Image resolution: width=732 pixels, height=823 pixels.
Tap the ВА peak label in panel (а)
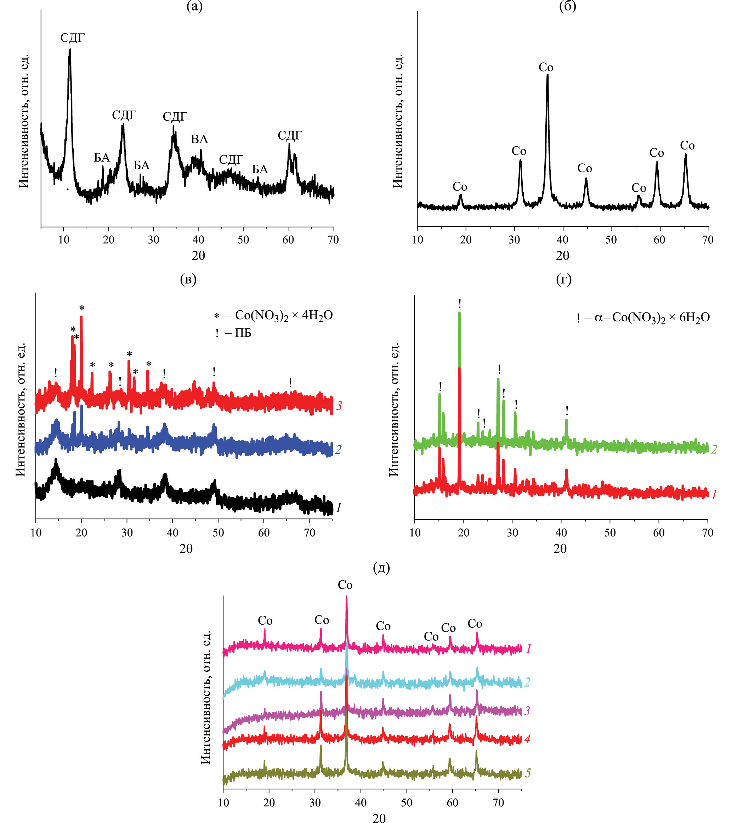[199, 139]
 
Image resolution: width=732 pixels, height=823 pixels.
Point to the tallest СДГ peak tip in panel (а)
[70, 50]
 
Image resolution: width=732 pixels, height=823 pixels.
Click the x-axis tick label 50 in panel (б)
[611, 239]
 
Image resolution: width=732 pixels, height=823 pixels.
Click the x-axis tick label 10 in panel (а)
[64, 239]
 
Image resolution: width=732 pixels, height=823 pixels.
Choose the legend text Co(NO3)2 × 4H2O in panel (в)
[284, 315]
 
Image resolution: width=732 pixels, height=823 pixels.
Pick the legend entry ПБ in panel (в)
[243, 333]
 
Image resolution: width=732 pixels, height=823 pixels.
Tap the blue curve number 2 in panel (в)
[339, 449]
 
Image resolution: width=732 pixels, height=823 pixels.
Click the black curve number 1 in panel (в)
[339, 508]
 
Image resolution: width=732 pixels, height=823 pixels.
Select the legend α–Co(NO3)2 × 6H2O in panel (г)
[652, 318]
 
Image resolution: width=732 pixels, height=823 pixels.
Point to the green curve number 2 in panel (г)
[714, 449]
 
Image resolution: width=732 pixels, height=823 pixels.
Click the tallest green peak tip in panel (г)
[459, 313]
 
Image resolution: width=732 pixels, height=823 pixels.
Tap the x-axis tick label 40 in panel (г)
[561, 533]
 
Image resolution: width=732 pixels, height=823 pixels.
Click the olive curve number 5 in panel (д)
[528, 773]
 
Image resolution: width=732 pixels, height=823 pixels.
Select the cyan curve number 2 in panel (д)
[527, 682]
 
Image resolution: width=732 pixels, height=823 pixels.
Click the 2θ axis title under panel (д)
[379, 817]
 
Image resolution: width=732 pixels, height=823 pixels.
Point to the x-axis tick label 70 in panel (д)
[498, 802]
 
